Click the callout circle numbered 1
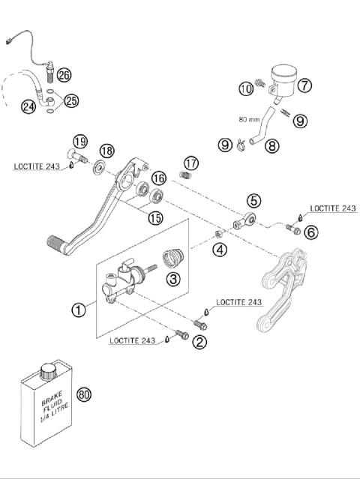(x=79, y=309)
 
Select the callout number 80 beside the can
(x=84, y=395)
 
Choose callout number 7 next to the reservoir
(x=304, y=85)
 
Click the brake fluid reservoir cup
(x=283, y=76)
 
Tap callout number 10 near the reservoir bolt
(x=247, y=90)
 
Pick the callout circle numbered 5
(x=254, y=200)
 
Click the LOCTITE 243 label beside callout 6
(x=333, y=208)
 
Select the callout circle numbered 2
(x=199, y=343)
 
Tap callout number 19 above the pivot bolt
(x=80, y=141)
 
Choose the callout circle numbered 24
(x=28, y=107)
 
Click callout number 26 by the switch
(x=64, y=75)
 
